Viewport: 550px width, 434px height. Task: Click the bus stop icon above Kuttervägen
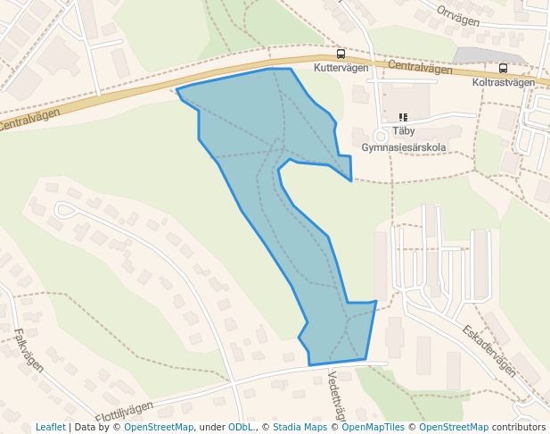(341, 54)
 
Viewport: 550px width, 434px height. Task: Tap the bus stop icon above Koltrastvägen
(503, 69)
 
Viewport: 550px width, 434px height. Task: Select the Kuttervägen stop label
(341, 68)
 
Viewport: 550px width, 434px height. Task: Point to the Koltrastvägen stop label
(503, 82)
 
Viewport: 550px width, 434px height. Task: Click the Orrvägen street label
(459, 14)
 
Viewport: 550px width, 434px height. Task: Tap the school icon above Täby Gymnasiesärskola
(403, 117)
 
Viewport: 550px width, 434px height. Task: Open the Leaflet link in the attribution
(50, 427)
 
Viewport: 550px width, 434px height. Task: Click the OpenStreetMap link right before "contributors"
(454, 427)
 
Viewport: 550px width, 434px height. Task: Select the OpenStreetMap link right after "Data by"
(159, 427)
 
